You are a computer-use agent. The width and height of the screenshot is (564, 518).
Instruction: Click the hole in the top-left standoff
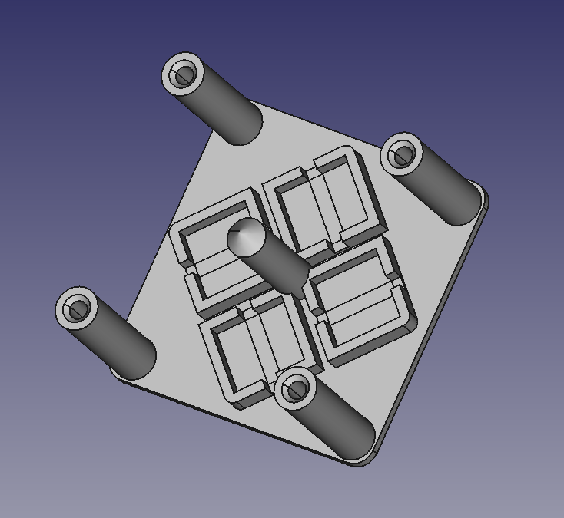coord(184,75)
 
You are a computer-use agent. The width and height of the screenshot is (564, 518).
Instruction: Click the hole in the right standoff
coord(403,156)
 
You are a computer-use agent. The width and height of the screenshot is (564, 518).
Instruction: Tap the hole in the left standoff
coord(78,309)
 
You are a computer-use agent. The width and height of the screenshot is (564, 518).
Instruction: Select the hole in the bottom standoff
coord(297,390)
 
